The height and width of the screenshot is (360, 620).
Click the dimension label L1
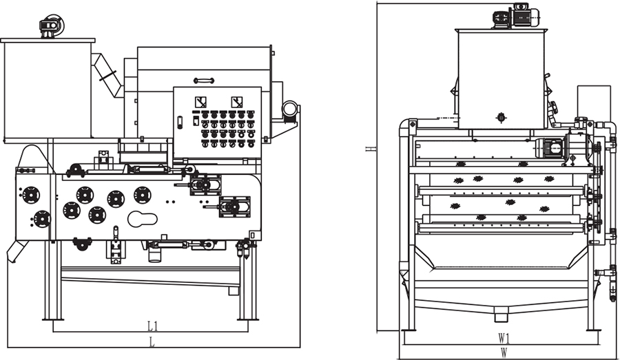(x=152, y=325)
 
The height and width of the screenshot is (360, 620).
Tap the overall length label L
(x=152, y=341)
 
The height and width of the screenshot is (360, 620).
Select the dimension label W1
(x=504, y=338)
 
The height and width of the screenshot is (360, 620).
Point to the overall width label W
(x=504, y=352)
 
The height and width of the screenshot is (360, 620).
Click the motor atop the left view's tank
(x=50, y=27)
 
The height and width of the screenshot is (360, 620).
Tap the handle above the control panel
(x=204, y=81)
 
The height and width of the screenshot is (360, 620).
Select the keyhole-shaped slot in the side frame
(x=143, y=219)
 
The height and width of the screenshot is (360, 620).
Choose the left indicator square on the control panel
(x=200, y=100)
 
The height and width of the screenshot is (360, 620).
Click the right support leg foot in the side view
(x=247, y=318)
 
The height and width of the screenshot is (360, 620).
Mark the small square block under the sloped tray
(x=234, y=290)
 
